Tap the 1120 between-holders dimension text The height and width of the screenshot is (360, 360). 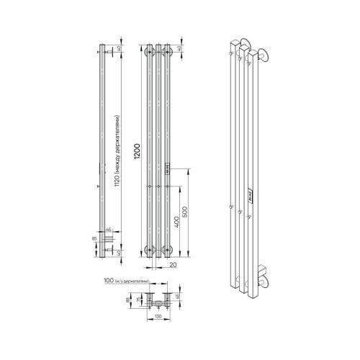(x=117, y=150)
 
